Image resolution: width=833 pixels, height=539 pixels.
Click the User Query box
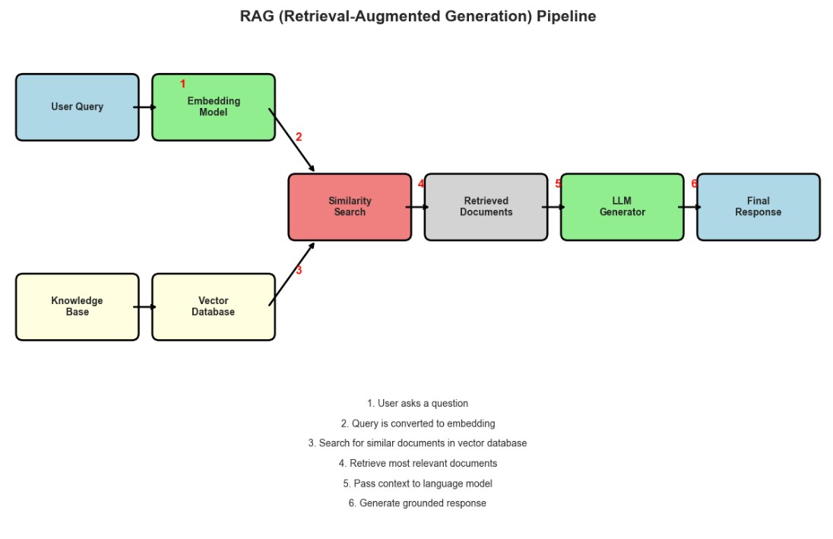pyautogui.click(x=77, y=107)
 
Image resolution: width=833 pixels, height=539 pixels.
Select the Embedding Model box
pyautogui.click(x=214, y=107)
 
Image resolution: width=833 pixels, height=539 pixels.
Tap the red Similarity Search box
pyautogui.click(x=350, y=207)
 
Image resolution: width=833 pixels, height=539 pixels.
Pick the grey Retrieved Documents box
pyautogui.click(x=486, y=207)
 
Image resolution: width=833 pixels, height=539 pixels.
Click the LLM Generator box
pyautogui.click(x=622, y=207)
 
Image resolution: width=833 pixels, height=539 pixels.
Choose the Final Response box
pyautogui.click(x=758, y=207)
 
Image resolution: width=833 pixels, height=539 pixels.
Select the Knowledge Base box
pyautogui.click(x=77, y=306)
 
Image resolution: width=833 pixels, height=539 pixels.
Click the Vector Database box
pyautogui.click(x=214, y=306)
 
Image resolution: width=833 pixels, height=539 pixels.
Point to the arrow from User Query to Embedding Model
pyautogui.click(x=145, y=107)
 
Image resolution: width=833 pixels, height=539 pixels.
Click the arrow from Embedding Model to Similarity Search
pyautogui.click(x=292, y=140)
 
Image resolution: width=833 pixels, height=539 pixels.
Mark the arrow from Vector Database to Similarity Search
pyautogui.click(x=292, y=274)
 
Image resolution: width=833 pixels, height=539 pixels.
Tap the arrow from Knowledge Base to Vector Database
pyautogui.click(x=145, y=306)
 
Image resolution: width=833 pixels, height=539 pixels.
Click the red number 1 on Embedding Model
pyautogui.click(x=182, y=84)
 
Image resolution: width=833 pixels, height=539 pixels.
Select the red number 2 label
pyautogui.click(x=299, y=138)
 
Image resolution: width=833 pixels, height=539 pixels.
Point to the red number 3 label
pyautogui.click(x=299, y=270)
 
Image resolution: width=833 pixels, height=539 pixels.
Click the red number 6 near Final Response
pyautogui.click(x=694, y=184)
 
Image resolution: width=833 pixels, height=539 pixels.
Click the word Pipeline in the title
pyautogui.click(x=566, y=16)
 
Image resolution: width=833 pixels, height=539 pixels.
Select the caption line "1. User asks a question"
pyautogui.click(x=417, y=404)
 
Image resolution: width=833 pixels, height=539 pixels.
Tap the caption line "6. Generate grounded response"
pyautogui.click(x=417, y=503)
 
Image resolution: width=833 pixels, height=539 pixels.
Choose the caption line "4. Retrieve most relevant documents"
pyautogui.click(x=417, y=463)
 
